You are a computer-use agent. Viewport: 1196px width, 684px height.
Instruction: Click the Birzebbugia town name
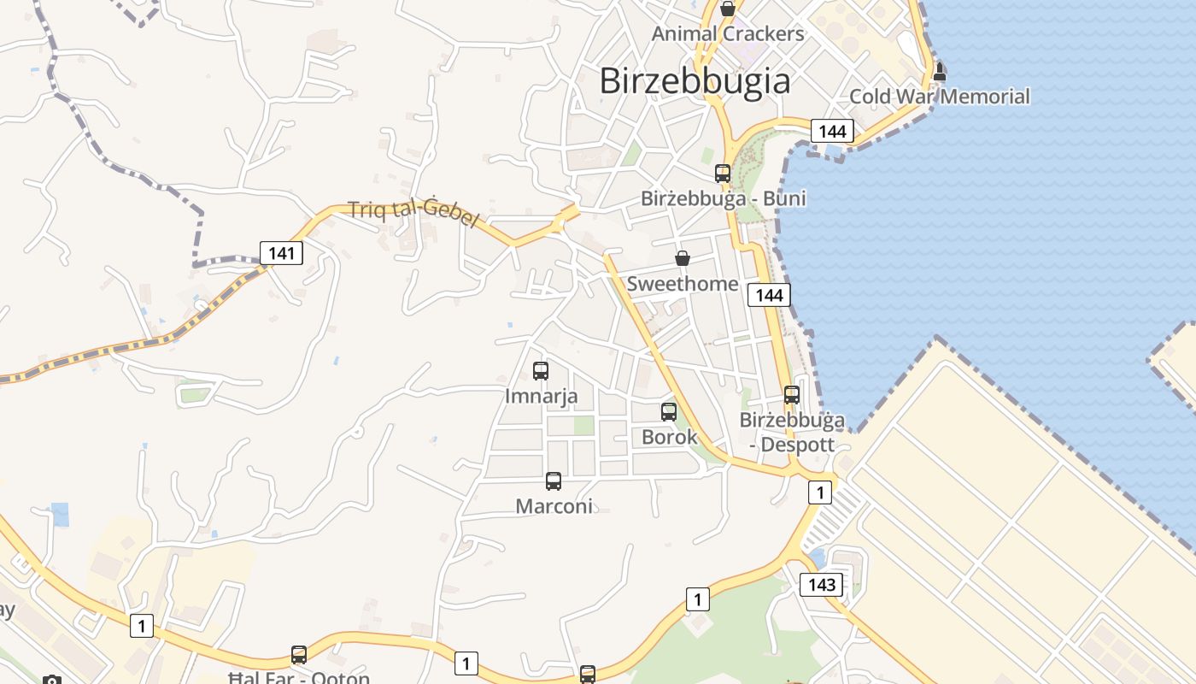[x=695, y=81]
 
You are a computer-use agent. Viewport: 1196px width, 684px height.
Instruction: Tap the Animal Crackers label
[x=728, y=34]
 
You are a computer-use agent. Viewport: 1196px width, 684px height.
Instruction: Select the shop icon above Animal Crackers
[x=728, y=9]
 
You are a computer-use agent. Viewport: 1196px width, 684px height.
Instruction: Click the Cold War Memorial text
[x=939, y=97]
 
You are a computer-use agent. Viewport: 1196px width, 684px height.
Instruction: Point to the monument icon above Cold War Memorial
[x=940, y=72]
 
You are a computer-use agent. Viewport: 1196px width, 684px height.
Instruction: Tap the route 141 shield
[x=281, y=252]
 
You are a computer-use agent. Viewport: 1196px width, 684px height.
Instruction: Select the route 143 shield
[x=821, y=585]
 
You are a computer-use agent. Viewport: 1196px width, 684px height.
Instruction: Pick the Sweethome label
[x=683, y=284]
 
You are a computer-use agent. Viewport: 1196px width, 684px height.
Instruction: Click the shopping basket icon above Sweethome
[x=683, y=258]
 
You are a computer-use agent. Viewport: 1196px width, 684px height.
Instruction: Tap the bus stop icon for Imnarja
[x=541, y=371]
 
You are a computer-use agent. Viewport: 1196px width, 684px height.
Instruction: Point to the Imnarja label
[x=541, y=397]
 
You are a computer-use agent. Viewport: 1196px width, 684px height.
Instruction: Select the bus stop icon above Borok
[x=669, y=412]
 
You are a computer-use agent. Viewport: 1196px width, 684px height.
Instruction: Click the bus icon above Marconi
[x=554, y=481]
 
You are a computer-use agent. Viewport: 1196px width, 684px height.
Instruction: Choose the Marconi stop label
[x=554, y=506]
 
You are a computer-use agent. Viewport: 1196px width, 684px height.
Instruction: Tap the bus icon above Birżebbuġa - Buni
[x=723, y=174]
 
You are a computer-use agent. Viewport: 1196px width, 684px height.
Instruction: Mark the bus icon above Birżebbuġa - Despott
[x=792, y=395]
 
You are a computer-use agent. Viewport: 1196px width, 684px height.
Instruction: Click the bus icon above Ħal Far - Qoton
[x=299, y=655]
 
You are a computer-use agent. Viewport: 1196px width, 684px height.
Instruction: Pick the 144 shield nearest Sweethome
[x=769, y=295]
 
